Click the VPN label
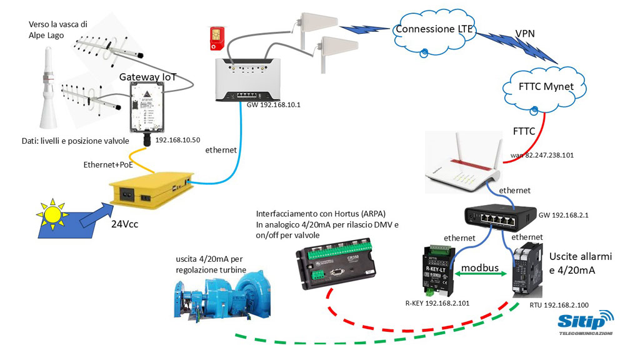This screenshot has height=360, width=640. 524,32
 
